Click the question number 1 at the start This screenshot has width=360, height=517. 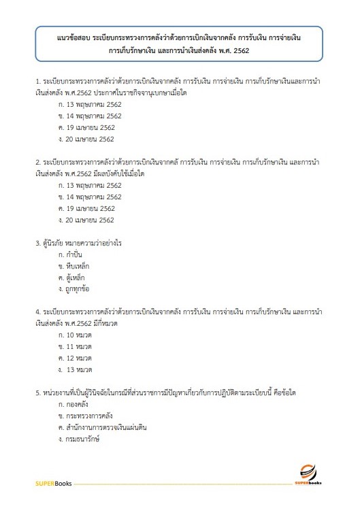click(37, 82)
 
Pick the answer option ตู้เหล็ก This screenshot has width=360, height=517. click(73, 278)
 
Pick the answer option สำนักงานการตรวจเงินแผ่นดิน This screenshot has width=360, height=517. click(102, 427)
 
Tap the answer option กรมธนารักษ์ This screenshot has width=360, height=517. click(79, 439)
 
